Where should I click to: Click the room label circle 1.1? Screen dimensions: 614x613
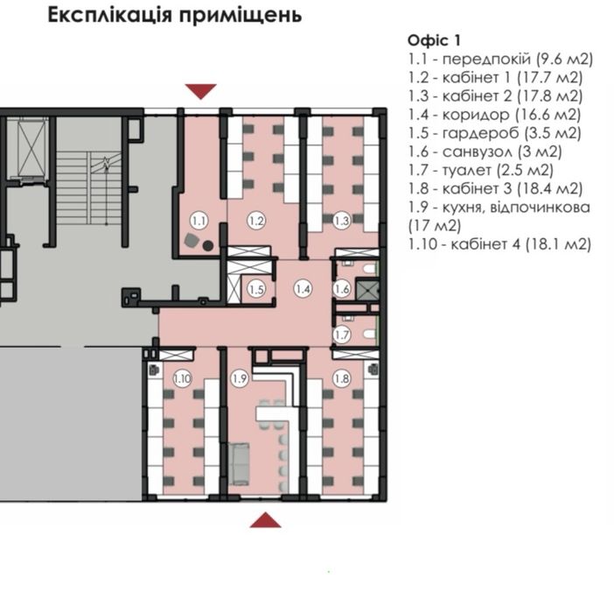(x=199, y=221)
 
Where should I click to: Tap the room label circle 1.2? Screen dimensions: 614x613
(x=256, y=221)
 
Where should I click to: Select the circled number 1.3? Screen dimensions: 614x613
(x=342, y=221)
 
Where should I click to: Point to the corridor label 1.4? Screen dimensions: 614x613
(x=304, y=289)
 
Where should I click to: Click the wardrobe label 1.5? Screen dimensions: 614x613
(x=256, y=290)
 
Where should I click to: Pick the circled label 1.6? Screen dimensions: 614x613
(x=342, y=289)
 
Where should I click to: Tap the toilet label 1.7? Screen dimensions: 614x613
(x=342, y=335)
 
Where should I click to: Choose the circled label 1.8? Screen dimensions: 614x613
(x=342, y=379)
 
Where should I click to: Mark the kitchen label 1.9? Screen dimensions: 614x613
(x=240, y=379)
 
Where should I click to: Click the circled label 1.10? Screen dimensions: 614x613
(x=182, y=379)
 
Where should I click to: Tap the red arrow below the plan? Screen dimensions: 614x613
(x=266, y=519)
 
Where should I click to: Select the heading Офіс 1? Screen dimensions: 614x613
(x=435, y=40)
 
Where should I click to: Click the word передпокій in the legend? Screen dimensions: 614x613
(x=486, y=60)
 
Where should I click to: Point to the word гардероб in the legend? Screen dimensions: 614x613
(x=481, y=133)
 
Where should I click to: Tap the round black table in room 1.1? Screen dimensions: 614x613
(x=208, y=246)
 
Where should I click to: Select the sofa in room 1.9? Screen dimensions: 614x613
(x=239, y=463)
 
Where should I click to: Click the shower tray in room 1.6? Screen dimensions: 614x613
(x=367, y=289)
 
